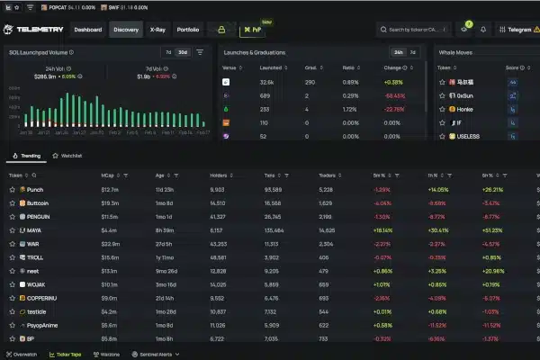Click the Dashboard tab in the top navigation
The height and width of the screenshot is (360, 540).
click(87, 30)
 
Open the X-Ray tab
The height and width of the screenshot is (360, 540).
click(157, 30)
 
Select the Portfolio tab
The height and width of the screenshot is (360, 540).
click(188, 30)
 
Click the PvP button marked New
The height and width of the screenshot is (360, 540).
click(256, 30)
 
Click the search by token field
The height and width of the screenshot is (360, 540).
click(415, 30)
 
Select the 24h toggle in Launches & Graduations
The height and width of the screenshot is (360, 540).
click(398, 52)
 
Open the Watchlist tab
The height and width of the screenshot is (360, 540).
click(70, 156)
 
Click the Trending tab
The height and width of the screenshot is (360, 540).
click(28, 156)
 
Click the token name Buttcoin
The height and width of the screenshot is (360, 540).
click(39, 203)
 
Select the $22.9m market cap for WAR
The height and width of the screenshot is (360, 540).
click(111, 244)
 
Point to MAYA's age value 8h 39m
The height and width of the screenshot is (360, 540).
click(166, 230)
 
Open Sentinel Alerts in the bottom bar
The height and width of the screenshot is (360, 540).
click(155, 354)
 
